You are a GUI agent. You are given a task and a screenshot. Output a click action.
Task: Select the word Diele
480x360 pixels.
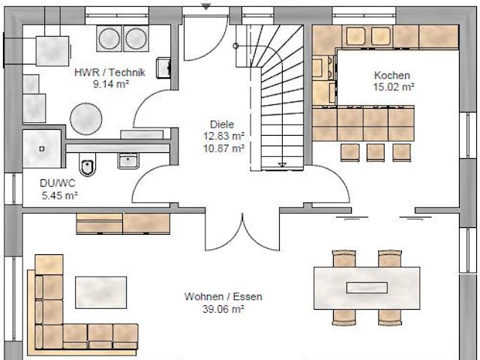click(x=223, y=124)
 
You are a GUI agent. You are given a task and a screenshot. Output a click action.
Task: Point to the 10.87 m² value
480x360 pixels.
click(x=223, y=148)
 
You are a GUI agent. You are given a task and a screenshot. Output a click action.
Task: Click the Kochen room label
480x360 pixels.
click(x=392, y=75)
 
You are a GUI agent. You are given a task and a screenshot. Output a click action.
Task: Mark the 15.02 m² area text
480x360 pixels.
click(x=393, y=87)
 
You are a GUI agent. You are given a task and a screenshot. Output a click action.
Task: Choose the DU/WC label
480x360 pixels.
click(x=58, y=182)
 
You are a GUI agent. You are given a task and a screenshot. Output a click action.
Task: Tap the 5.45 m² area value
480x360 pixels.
click(x=60, y=195)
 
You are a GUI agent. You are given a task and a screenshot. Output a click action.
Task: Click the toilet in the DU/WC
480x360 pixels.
click(x=88, y=166)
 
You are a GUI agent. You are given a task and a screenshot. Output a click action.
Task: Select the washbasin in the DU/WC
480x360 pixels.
click(x=128, y=160)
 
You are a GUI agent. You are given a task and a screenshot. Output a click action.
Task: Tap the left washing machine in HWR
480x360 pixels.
click(x=109, y=37)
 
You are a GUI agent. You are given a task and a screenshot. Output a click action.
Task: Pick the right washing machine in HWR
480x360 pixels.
click(x=136, y=37)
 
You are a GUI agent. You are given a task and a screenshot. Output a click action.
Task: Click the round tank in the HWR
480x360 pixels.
click(x=85, y=118)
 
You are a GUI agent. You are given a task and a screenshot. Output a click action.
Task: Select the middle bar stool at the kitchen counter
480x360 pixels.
click(x=375, y=151)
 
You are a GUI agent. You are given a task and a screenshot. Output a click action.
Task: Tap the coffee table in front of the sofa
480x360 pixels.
click(x=100, y=292)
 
